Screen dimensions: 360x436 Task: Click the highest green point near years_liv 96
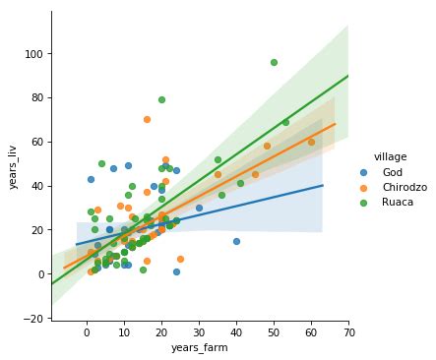[274, 62]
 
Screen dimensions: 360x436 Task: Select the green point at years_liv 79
[161, 99]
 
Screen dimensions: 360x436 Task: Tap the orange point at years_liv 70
[147, 119]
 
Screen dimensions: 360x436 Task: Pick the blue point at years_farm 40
[236, 241]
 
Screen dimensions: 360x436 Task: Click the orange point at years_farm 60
[311, 142]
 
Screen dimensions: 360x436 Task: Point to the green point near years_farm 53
[285, 122]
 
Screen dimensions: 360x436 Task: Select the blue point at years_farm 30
[199, 208]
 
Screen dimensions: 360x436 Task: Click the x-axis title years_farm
[200, 347]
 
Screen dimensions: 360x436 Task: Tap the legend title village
[378, 155]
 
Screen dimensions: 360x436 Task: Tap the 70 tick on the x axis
[348, 332]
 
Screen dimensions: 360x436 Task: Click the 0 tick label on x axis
[87, 332]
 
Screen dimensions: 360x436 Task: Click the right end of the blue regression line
[323, 185]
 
